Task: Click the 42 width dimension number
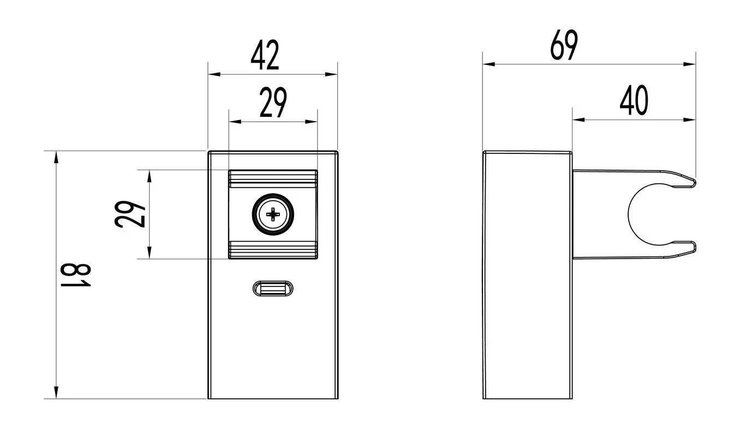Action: point(265,55)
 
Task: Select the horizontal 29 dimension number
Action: point(273,103)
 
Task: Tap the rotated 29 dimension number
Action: point(130,214)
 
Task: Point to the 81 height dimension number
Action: point(76,275)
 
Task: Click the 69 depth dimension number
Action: point(564,45)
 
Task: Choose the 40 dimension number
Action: point(634,100)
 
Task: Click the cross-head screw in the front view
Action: point(273,214)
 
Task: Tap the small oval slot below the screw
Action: point(273,289)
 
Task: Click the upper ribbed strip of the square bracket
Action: point(273,179)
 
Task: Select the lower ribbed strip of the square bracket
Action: point(273,250)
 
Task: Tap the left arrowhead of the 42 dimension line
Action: point(214,74)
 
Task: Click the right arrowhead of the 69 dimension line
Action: point(689,64)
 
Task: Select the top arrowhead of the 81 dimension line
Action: point(56,157)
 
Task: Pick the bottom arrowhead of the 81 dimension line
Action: point(56,392)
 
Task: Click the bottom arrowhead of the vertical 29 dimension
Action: point(150,253)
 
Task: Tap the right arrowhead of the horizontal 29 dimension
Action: point(311,122)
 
